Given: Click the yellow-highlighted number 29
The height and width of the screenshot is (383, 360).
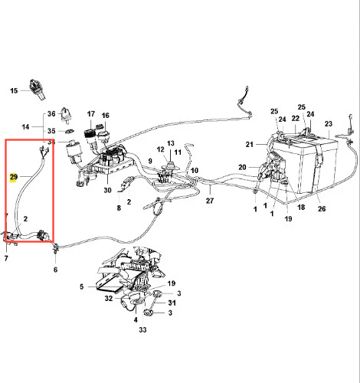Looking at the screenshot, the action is pos(14,177).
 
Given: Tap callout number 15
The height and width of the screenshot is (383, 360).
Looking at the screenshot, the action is pos(14,90).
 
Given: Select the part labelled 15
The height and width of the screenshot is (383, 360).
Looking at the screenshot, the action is pos(38,90).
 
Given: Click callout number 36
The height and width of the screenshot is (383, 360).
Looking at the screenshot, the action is pos(51,113).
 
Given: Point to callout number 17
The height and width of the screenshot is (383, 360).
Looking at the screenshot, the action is pos(91,114).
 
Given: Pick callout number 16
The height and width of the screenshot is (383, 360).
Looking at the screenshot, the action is pos(105,116).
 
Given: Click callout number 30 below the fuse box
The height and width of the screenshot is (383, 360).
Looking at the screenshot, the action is pos(107,190).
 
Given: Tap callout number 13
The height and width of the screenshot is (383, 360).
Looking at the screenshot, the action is pos(171,143).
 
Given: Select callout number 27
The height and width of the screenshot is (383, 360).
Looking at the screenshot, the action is pos(210,201).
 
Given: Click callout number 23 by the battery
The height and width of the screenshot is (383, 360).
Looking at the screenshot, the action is pos(329,124).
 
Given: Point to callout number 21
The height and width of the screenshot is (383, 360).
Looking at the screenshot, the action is pos(250,145).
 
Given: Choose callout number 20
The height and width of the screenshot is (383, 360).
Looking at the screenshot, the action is pos(242,167).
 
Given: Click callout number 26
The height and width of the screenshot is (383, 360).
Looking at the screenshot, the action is pos(322,209).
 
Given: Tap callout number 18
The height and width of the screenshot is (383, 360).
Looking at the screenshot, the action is pos(301,207).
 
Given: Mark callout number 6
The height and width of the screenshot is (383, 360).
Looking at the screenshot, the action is pos(55,270).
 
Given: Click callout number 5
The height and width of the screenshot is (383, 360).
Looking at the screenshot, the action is pos(81,286).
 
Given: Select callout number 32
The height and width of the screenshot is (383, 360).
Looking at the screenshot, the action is pos(109,298).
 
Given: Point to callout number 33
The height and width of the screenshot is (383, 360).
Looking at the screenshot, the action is pos(142,330).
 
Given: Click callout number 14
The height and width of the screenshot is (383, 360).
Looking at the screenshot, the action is pos(25,126).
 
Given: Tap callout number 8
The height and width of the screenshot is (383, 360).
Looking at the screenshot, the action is pos(119,208).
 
